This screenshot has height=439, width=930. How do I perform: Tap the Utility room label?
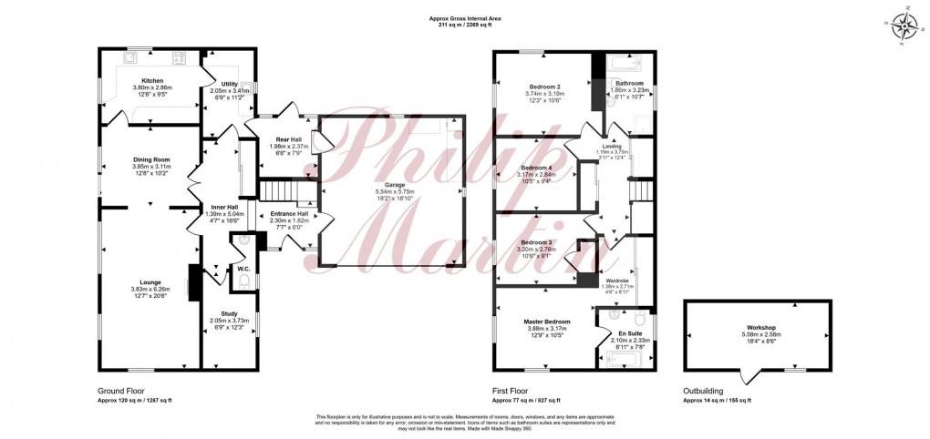(x=230, y=84)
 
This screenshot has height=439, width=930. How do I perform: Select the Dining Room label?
(x=151, y=160)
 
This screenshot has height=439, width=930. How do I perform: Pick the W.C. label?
(x=243, y=269)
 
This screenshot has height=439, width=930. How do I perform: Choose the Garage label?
(x=395, y=185)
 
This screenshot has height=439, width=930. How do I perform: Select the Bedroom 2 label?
(x=545, y=86)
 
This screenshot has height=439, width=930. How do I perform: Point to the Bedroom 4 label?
(x=536, y=168)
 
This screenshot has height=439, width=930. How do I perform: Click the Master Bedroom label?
(x=547, y=322)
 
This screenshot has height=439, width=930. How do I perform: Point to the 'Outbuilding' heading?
(x=706, y=390)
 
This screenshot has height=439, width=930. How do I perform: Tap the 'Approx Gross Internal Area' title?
(x=465, y=17)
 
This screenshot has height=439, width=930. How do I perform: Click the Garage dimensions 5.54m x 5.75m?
(x=395, y=191)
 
